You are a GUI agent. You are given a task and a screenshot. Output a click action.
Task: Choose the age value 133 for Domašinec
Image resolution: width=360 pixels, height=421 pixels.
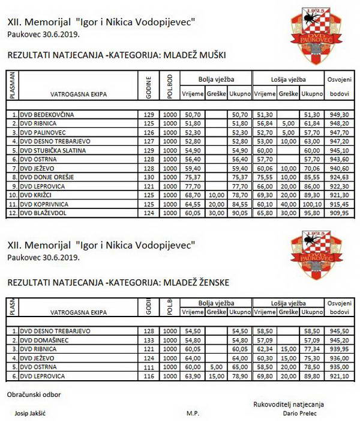[150, 339]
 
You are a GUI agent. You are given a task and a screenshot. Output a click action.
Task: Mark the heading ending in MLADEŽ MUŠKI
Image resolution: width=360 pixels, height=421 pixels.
[116, 55]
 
